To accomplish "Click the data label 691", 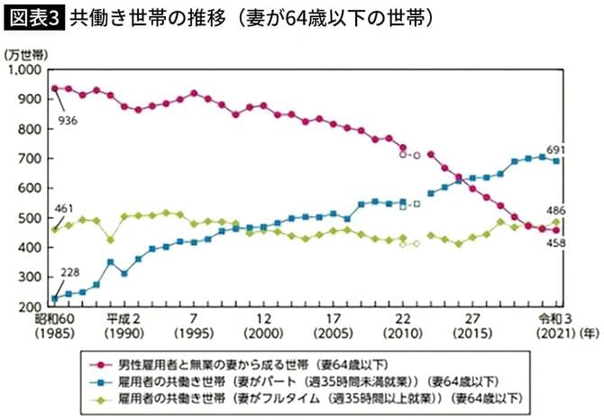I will (x=557, y=150).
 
